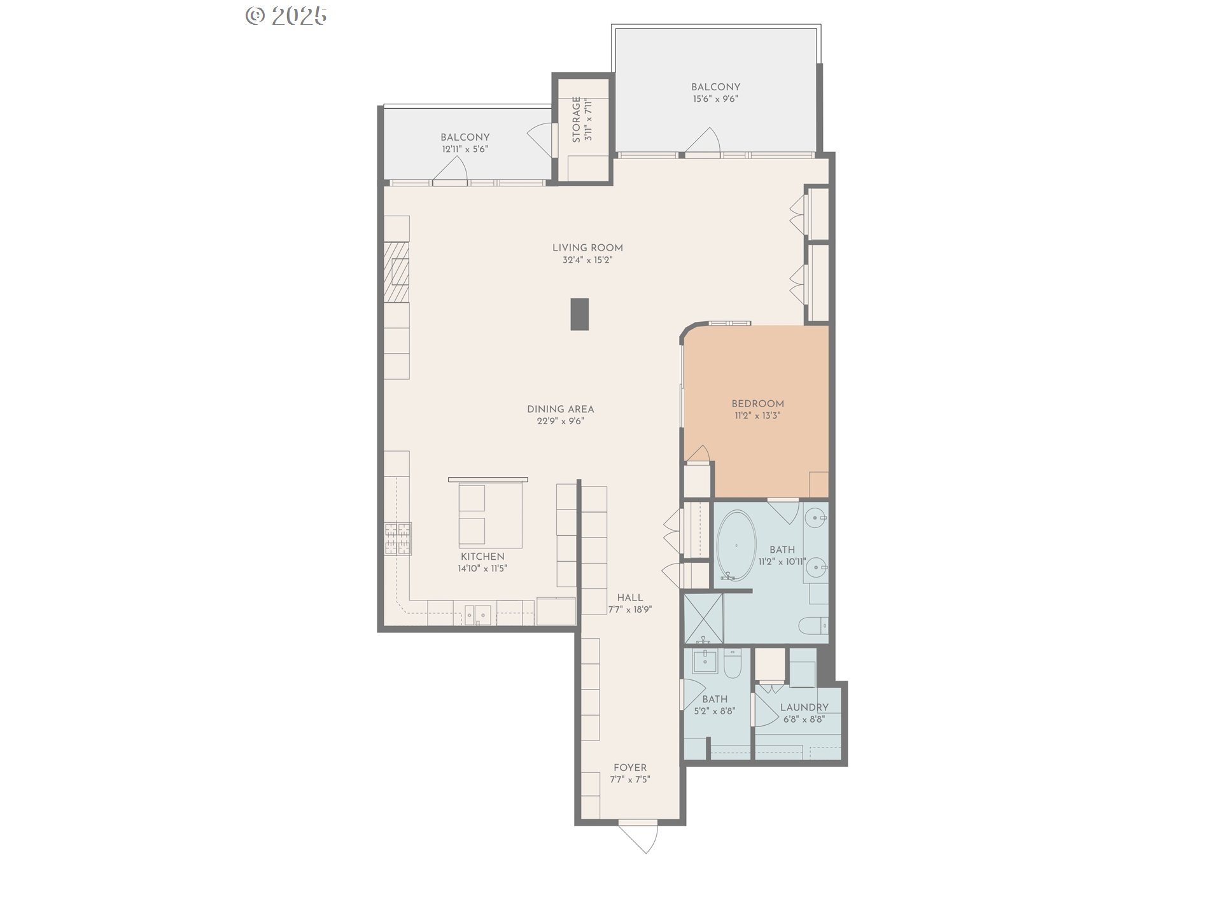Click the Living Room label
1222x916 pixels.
tap(587, 248)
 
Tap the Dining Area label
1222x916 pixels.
tap(561, 409)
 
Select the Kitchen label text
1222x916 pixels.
tap(482, 557)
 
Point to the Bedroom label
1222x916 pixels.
tap(757, 404)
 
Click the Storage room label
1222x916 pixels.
tap(577, 120)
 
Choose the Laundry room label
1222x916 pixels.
tap(804, 707)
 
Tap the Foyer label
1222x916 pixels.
tap(630, 768)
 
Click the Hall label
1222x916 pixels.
tap(630, 598)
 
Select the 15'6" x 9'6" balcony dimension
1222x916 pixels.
tap(716, 99)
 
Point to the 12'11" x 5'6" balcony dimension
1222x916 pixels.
tap(465, 149)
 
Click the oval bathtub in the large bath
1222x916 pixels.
tap(736, 546)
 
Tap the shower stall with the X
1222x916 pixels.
tap(703, 619)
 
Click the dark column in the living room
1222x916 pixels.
tap(579, 314)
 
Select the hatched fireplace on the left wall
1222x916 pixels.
tap(397, 272)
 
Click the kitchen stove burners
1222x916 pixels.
tap(397, 539)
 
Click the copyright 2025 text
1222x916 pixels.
tap(286, 16)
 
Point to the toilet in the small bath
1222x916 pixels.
tap(733, 663)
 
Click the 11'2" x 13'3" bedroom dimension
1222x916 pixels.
tap(757, 416)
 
